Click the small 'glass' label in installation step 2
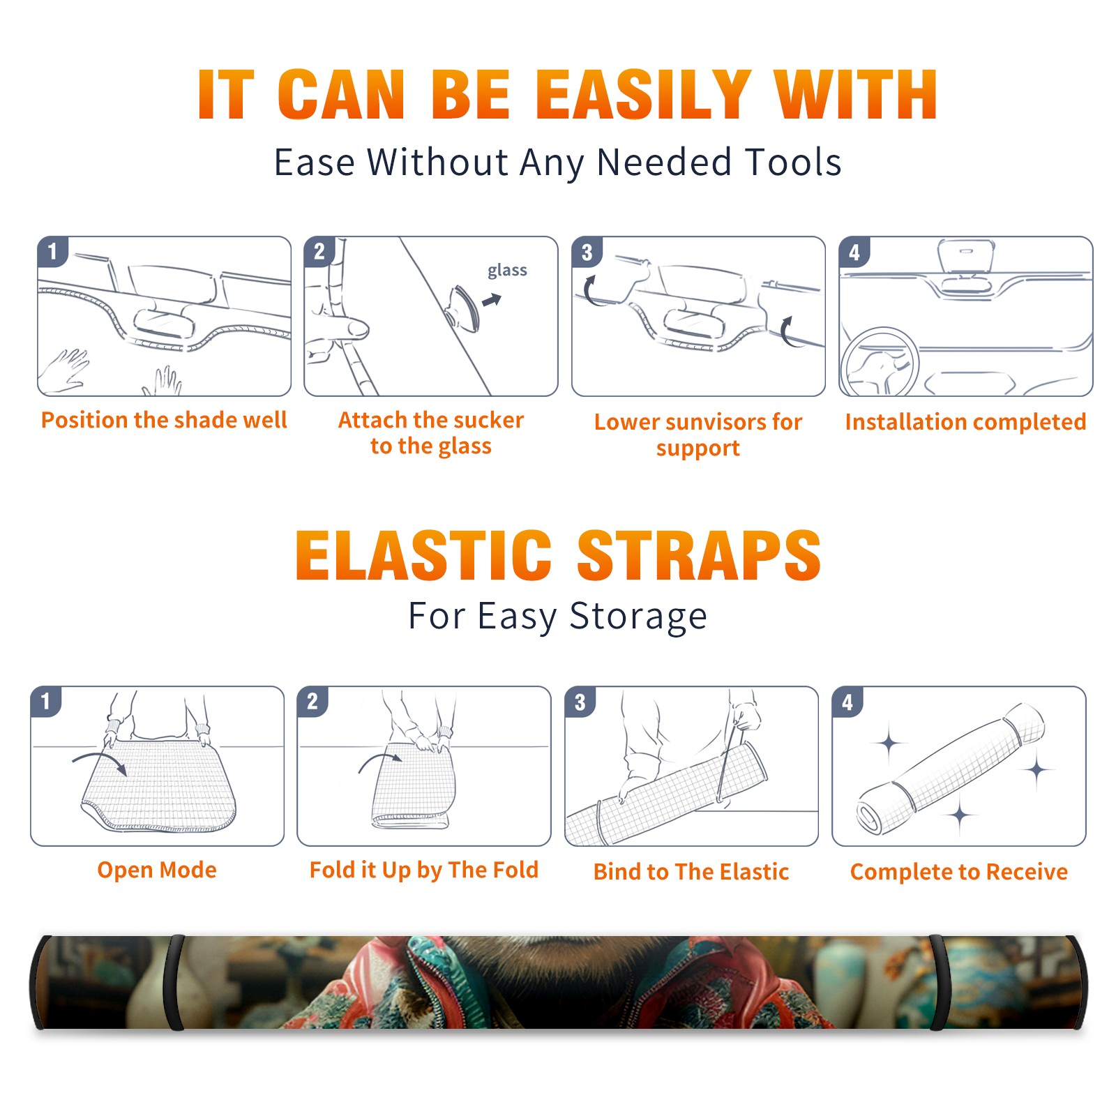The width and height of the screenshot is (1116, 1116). click(x=507, y=271)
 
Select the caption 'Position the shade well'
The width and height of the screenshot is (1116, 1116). click(x=164, y=420)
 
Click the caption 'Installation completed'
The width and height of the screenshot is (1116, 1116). click(x=965, y=421)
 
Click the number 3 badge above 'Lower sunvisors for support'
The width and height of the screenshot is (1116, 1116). click(x=586, y=252)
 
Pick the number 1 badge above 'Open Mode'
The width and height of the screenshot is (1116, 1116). click(x=45, y=701)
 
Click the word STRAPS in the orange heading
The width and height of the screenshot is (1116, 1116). click(x=699, y=555)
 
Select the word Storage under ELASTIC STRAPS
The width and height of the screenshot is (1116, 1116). click(x=638, y=617)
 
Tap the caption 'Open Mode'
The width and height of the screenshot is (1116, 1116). click(x=157, y=870)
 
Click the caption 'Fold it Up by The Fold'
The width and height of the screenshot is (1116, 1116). click(x=424, y=870)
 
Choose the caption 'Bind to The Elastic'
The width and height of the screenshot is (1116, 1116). click(x=691, y=872)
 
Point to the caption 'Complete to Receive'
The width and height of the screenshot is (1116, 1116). click(x=959, y=872)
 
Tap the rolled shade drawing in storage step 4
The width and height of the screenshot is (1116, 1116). click(x=951, y=769)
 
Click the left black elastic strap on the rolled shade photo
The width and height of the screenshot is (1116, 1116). click(x=176, y=982)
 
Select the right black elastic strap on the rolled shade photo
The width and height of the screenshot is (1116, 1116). click(x=937, y=982)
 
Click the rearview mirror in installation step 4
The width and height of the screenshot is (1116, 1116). click(x=966, y=257)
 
